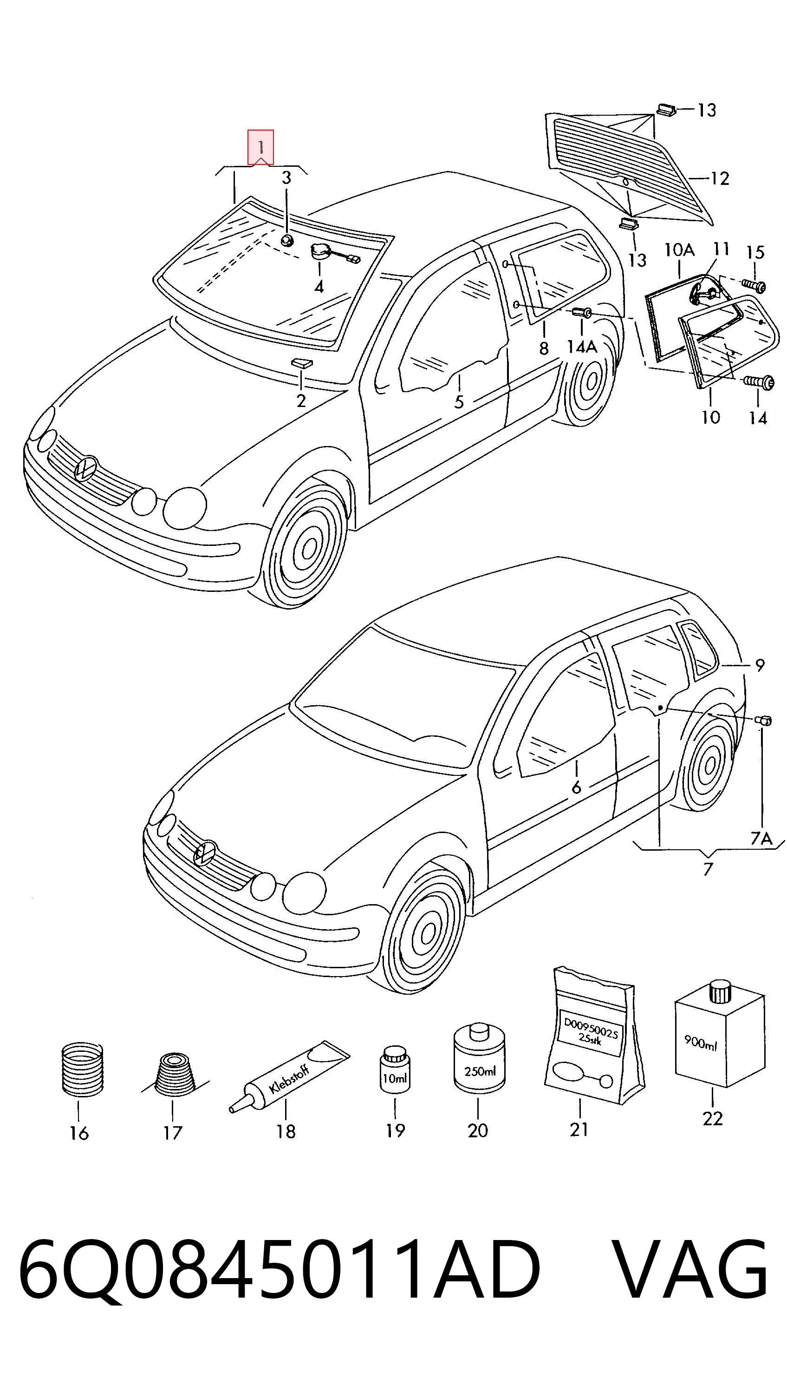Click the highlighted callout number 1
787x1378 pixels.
(x=260, y=147)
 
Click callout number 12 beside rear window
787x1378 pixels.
(x=719, y=178)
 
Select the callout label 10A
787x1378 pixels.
(x=679, y=250)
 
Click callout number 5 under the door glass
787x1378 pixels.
(x=459, y=402)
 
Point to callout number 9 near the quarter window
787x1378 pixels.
(x=760, y=665)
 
